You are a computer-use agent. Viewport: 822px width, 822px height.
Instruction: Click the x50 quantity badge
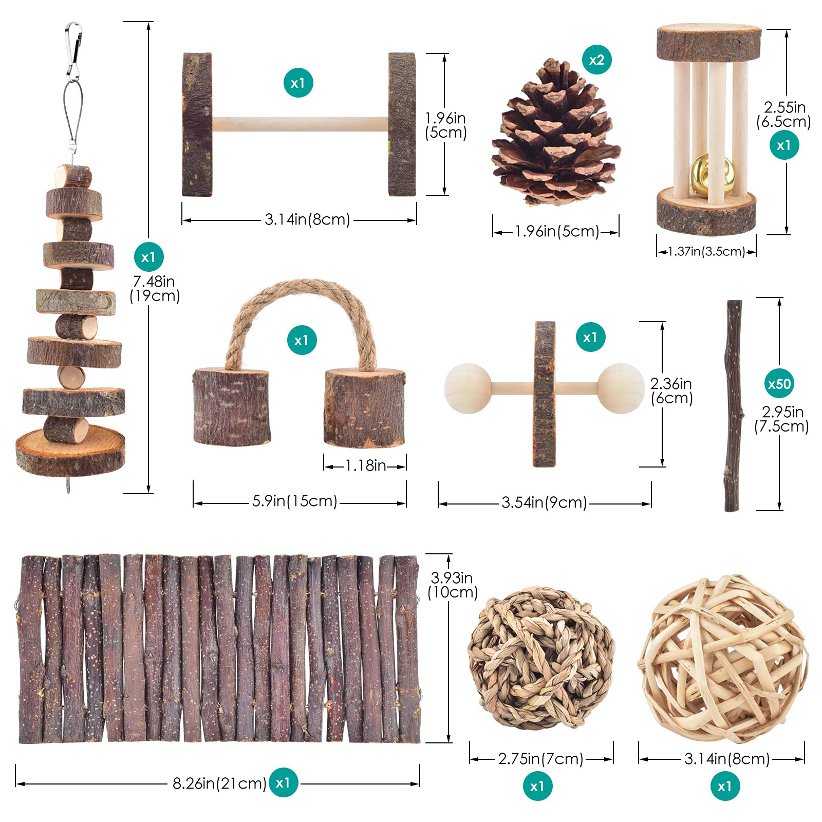(x=779, y=383)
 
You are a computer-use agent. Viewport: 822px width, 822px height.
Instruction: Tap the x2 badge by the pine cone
(x=596, y=60)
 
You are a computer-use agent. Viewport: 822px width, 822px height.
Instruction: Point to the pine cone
(x=555, y=133)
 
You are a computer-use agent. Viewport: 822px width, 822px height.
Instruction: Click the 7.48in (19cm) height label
(x=155, y=288)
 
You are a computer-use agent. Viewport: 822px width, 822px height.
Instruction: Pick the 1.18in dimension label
(x=365, y=465)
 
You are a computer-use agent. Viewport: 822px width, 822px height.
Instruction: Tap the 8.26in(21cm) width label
(x=219, y=783)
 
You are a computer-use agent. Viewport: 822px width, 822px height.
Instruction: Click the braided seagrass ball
(x=541, y=658)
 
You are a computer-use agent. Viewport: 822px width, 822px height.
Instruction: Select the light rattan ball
(x=722, y=659)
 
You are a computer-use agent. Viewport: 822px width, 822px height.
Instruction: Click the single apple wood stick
(x=733, y=406)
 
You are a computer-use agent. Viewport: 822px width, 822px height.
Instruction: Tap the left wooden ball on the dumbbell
(x=468, y=388)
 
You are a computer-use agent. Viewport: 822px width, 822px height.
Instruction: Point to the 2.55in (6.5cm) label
(x=783, y=115)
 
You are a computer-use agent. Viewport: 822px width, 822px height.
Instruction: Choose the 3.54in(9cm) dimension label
(x=544, y=502)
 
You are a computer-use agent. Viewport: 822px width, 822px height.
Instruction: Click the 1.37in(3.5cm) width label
(x=706, y=251)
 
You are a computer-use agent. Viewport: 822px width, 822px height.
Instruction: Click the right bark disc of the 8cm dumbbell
(x=402, y=124)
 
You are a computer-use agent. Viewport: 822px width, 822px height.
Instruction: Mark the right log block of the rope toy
(x=365, y=406)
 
